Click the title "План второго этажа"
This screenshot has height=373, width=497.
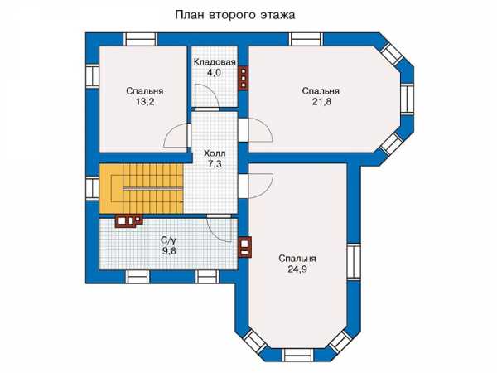[235, 15]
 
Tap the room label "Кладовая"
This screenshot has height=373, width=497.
[215, 62]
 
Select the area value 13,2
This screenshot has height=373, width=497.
[144, 102]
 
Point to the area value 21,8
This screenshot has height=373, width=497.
[321, 102]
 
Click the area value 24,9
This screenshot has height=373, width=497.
[297, 269]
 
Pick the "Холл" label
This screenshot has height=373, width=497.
[215, 153]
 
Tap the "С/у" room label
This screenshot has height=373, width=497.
[169, 240]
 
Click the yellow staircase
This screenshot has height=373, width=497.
[142, 188]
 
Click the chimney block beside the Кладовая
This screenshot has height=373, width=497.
[243, 78]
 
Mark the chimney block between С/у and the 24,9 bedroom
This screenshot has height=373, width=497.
[244, 246]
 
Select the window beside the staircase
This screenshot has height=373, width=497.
[92, 188]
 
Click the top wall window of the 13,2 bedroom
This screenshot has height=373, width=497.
[140, 39]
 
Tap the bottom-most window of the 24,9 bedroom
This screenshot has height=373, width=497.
[297, 356]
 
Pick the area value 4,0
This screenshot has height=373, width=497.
[214, 73]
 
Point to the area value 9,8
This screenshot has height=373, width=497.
[169, 251]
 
